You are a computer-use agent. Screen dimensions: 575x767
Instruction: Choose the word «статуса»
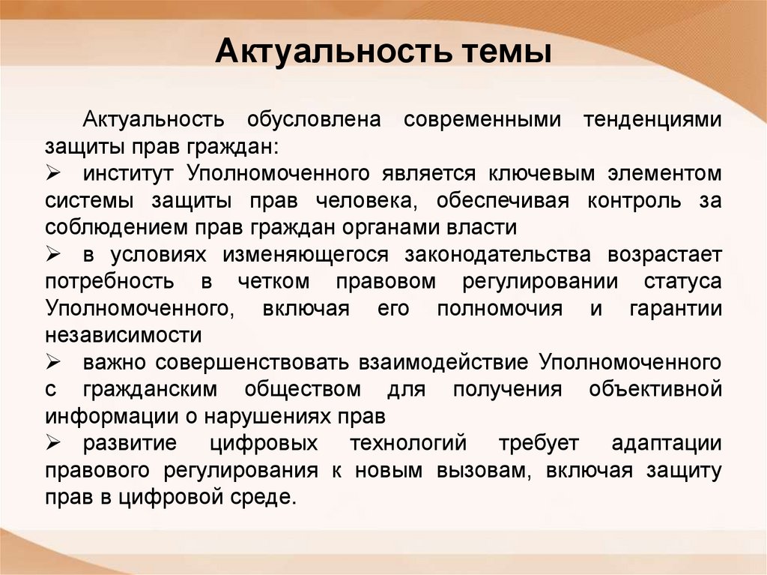click(682, 282)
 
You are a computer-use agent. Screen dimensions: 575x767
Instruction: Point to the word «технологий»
click(408, 444)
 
